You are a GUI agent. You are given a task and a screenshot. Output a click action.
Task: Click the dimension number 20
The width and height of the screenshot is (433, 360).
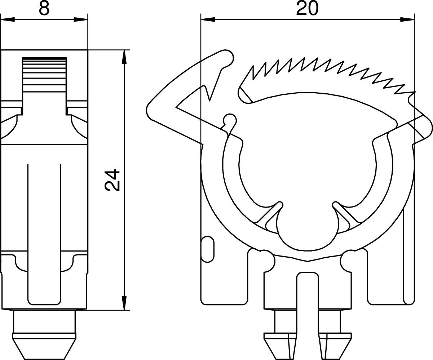click(x=307, y=9)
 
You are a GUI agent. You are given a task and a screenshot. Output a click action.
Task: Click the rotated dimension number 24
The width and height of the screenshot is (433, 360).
click(x=112, y=180)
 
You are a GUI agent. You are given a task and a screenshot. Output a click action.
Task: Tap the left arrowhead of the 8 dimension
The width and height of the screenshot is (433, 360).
click(x=8, y=20)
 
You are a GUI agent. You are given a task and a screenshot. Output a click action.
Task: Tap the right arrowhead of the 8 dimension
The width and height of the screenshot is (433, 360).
click(x=81, y=20)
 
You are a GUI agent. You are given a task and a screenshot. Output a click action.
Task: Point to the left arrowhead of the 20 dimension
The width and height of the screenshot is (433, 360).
click(x=208, y=20)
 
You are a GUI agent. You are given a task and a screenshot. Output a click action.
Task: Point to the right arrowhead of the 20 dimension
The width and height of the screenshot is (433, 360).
click(x=407, y=20)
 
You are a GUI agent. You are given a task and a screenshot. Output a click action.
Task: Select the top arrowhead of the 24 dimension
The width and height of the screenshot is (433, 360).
click(x=124, y=57)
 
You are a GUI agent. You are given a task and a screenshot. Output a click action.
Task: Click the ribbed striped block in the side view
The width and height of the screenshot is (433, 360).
click(x=44, y=75)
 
